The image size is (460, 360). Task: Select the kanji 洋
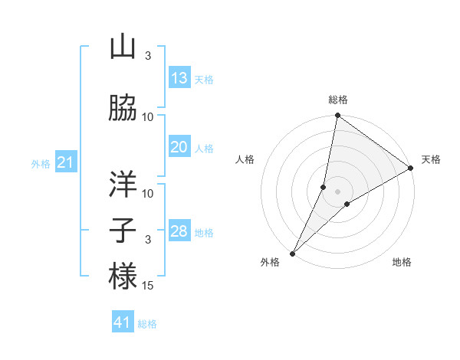click(123, 184)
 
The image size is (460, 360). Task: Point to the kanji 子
click(123, 230)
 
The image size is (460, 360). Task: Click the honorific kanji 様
click(123, 276)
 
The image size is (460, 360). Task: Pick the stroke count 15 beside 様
click(148, 286)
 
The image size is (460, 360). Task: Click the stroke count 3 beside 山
click(148, 56)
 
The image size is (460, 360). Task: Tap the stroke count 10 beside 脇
click(148, 116)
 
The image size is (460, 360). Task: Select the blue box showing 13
click(179, 77)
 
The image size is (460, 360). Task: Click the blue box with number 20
click(179, 147)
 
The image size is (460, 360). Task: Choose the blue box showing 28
click(179, 231)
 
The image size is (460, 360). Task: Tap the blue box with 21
click(65, 162)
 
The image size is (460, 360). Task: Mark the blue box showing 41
click(123, 322)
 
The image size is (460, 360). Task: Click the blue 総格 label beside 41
click(147, 324)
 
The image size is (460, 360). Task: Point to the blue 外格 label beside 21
click(41, 164)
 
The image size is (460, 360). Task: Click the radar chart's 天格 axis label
click(431, 160)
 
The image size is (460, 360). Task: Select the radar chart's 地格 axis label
click(402, 262)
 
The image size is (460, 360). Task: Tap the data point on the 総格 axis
click(337, 116)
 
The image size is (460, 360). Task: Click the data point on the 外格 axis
click(292, 253)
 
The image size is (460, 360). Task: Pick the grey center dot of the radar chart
click(337, 191)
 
